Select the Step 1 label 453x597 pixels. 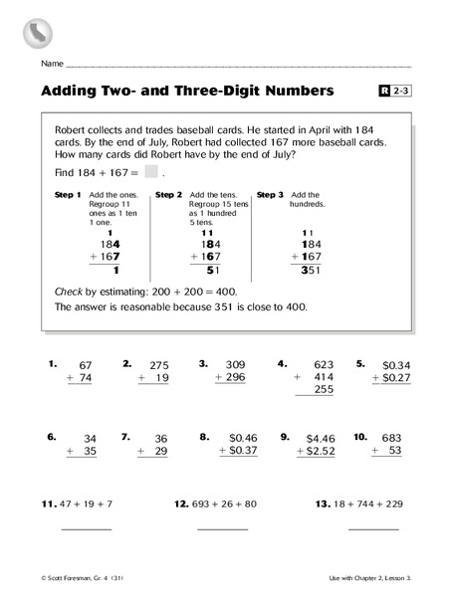pyautogui.click(x=69, y=195)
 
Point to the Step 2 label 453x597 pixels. pyautogui.click(x=168, y=195)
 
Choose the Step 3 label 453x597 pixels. pyautogui.click(x=270, y=195)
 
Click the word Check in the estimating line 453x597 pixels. pyautogui.click(x=73, y=289)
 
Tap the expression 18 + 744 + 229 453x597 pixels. pyautogui.click(x=358, y=504)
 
